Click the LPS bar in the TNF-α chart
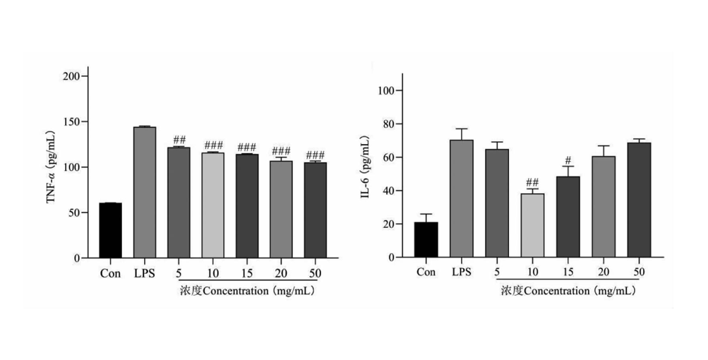pos(144,192)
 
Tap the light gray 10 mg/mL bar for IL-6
pos(532,225)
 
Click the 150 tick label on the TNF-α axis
pos(71,121)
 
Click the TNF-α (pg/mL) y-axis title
pos(51,167)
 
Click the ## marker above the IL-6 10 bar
pos(532,182)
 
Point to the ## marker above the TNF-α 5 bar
pos(179,140)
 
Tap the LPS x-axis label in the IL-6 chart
pos(461,272)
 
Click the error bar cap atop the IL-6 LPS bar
pos(461,128)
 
